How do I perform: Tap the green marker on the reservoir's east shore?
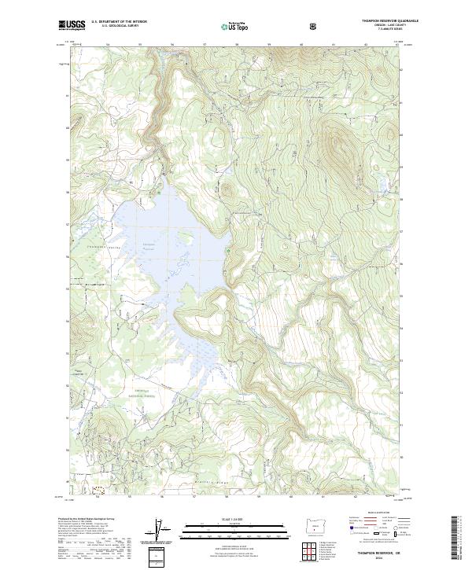pyautogui.click(x=229, y=251)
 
